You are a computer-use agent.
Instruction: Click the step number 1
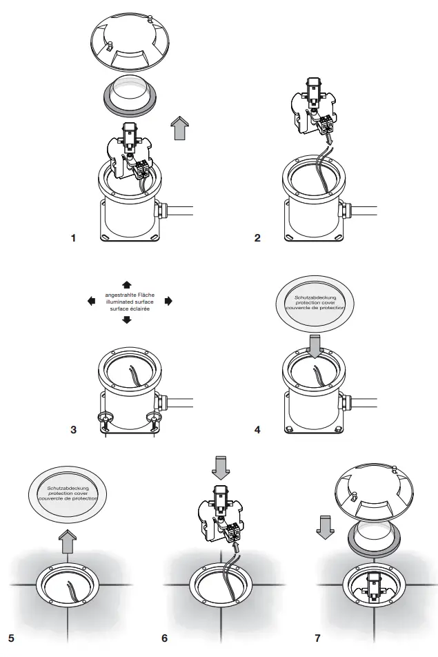74,238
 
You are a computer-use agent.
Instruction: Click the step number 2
257,238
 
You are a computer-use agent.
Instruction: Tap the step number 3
74,429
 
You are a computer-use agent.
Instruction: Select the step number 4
257,429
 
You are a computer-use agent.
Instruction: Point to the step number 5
11,638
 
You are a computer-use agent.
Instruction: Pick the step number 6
165,638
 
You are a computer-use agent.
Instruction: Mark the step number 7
318,638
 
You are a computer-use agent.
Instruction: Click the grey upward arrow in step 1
180,128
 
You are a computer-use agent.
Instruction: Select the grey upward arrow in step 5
68,541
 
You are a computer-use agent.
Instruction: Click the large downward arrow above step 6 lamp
221,468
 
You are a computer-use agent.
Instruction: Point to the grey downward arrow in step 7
325,527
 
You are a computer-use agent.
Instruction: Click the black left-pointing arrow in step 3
91,301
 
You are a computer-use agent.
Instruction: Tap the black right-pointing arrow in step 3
168,301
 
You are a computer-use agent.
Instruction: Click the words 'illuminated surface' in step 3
130,302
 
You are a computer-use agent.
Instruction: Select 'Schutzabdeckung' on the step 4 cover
315,297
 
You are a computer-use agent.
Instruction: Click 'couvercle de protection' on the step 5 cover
68,498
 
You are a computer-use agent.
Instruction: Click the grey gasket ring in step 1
130,103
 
